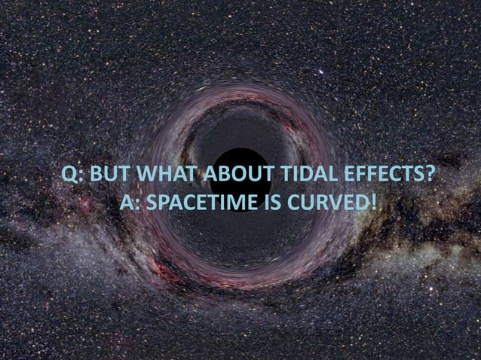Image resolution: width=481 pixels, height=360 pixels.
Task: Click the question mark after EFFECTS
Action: click(428, 175)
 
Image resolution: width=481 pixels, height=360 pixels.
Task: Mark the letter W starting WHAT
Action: click(138, 175)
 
